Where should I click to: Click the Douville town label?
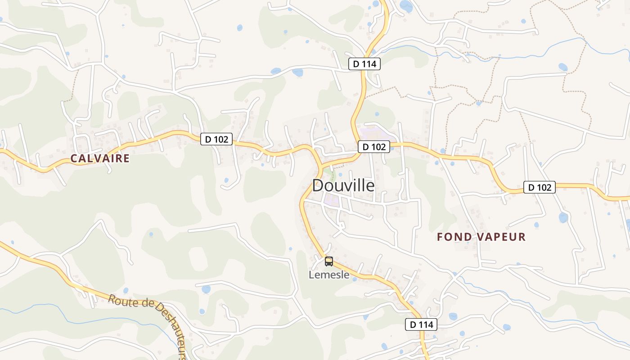click(343, 185)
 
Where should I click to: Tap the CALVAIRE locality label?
click(100, 158)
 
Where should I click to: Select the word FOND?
click(454, 237)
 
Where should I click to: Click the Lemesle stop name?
click(329, 274)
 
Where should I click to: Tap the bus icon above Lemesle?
click(329, 261)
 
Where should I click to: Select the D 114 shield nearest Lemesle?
click(421, 324)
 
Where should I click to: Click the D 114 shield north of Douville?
click(364, 64)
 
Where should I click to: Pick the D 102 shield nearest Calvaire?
click(216, 139)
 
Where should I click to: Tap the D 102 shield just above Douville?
click(374, 146)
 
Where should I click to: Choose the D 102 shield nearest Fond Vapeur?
click(540, 187)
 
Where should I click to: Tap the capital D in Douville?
click(318, 185)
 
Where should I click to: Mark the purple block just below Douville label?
click(332, 201)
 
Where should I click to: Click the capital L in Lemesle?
click(311, 274)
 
